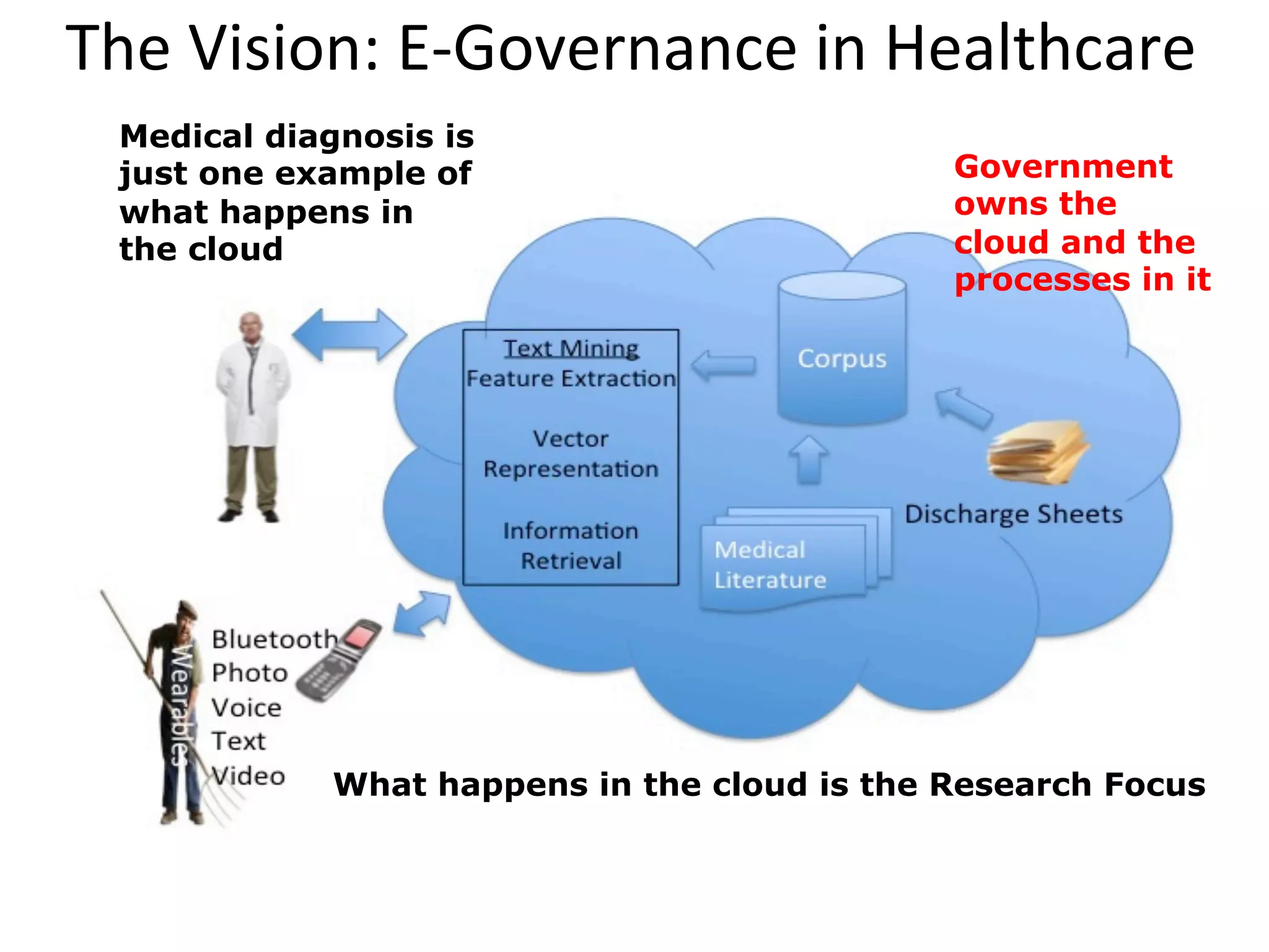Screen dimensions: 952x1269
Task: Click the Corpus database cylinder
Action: (x=841, y=350)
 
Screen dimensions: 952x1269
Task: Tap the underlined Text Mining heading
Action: (x=570, y=348)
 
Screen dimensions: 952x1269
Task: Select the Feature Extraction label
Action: (x=571, y=379)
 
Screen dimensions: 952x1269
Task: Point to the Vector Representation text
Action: (x=571, y=454)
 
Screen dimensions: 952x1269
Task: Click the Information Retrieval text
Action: (x=571, y=545)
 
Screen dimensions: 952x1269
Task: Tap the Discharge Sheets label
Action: (x=1013, y=514)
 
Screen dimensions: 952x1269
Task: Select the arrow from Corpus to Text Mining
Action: (x=723, y=366)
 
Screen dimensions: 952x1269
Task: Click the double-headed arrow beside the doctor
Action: (x=349, y=335)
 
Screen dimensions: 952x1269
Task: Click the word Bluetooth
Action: (x=274, y=639)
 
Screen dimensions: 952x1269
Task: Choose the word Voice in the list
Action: (x=247, y=707)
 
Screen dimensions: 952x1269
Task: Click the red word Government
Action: (x=1063, y=167)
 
